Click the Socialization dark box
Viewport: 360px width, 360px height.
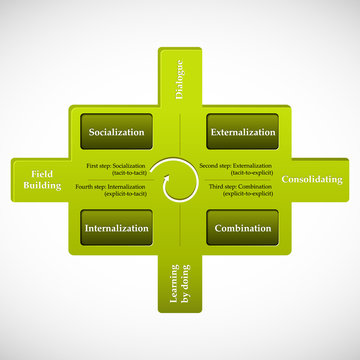(117, 131)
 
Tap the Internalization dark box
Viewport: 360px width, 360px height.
(117, 228)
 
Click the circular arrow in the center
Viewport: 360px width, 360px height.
(180, 180)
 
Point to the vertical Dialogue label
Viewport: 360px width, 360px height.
(181, 80)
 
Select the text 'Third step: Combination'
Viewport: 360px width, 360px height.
(240, 187)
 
